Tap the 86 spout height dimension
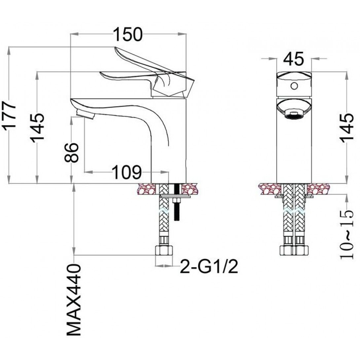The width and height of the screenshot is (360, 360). [71, 152]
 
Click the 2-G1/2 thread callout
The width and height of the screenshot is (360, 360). [209, 267]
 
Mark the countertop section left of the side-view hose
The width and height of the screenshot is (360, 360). [146, 189]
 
